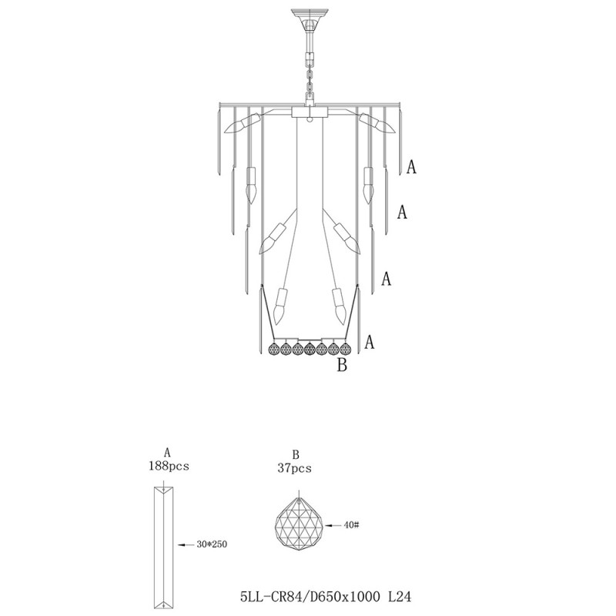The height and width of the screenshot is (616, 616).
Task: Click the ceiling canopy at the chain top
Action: click(308, 15)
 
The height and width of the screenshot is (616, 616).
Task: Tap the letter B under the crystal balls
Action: click(343, 365)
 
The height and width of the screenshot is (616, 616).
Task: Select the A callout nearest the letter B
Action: click(370, 342)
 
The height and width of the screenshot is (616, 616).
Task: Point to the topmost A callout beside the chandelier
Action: click(412, 167)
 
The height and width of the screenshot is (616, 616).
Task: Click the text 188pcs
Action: click(168, 466)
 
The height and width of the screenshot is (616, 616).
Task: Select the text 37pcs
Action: click(295, 467)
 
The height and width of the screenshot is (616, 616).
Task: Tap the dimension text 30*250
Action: click(212, 544)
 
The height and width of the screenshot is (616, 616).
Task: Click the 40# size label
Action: click(353, 525)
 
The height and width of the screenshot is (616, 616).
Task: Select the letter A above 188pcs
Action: click(167, 454)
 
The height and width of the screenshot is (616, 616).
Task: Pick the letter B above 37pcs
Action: click(295, 455)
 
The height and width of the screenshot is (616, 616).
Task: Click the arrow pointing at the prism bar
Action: click(185, 544)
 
